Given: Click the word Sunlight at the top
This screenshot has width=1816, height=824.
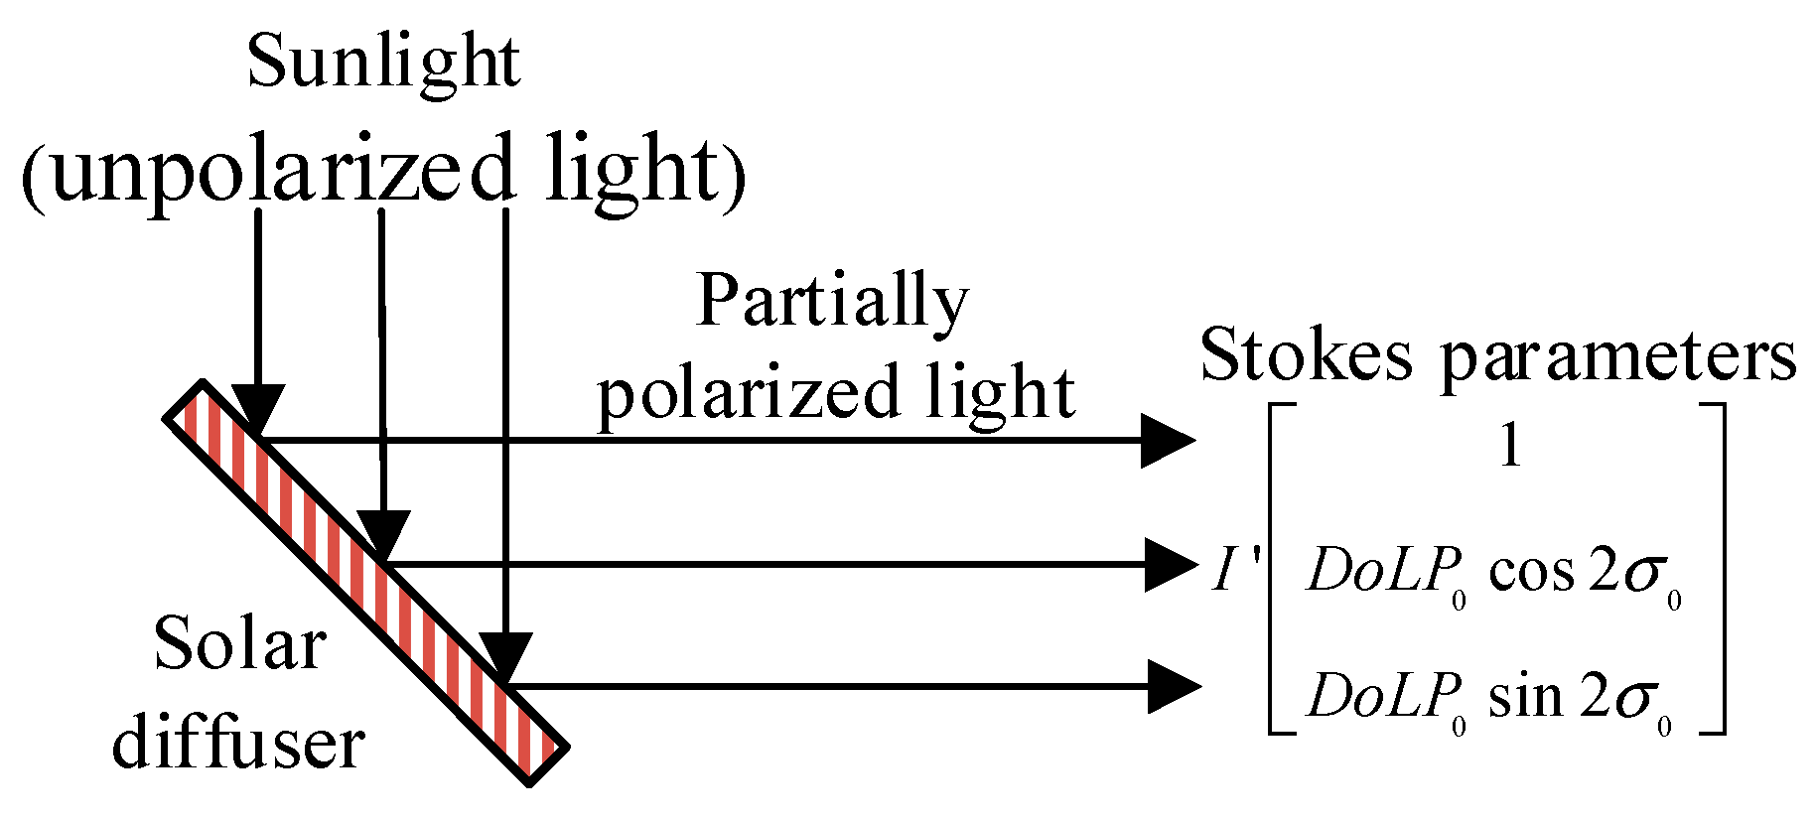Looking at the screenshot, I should pos(383,65).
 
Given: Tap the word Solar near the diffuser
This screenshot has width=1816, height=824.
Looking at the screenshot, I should pos(239,646).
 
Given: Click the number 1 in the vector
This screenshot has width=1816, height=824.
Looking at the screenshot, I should pos(1509,450).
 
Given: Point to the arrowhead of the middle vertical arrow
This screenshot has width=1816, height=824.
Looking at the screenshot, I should pos(382,537).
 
